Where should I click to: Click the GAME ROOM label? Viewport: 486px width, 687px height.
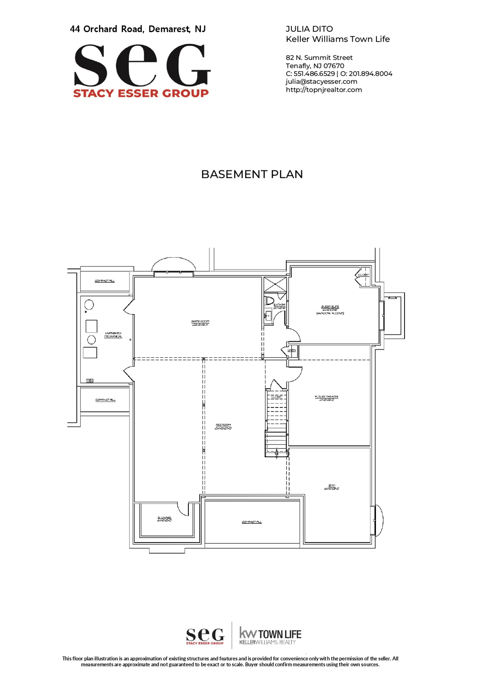click(200, 322)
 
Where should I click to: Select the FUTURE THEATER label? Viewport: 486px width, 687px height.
click(326, 398)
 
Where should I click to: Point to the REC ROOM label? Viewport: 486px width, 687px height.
click(223, 426)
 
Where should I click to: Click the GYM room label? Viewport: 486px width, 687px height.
click(332, 487)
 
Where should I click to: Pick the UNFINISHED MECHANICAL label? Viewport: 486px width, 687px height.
click(113, 335)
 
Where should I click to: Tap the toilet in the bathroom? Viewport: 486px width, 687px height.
click(269, 300)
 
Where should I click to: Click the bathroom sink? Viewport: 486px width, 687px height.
click(268, 316)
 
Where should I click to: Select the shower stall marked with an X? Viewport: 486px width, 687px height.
click(275, 284)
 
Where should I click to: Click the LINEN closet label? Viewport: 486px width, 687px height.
click(292, 351)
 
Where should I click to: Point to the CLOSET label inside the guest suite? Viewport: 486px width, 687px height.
click(363, 275)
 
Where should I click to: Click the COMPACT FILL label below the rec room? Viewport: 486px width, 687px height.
click(252, 522)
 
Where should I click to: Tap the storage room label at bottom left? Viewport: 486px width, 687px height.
click(164, 519)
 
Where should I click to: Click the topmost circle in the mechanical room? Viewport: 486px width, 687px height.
click(89, 305)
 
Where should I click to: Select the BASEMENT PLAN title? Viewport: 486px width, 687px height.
click(252, 174)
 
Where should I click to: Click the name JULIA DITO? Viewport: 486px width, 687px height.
click(309, 29)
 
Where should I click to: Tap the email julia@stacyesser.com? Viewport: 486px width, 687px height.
click(321, 81)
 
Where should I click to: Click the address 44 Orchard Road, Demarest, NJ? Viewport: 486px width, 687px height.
click(138, 29)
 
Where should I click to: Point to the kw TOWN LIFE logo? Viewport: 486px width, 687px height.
click(270, 635)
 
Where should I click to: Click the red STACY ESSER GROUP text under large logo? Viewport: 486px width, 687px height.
click(141, 93)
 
